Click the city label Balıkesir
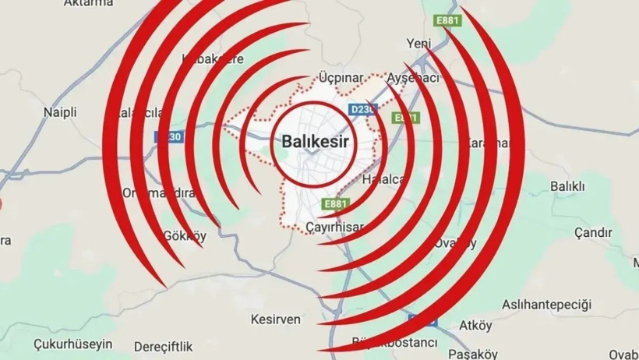click(x=310, y=143)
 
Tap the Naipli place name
click(x=60, y=112)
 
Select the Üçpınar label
click(x=341, y=78)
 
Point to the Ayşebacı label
click(x=414, y=78)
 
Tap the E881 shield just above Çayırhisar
click(x=335, y=204)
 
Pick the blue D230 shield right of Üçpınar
click(x=362, y=111)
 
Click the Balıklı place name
click(x=567, y=186)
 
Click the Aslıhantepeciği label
click(x=547, y=303)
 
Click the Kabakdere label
click(x=213, y=58)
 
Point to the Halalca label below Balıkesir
click(x=383, y=180)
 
